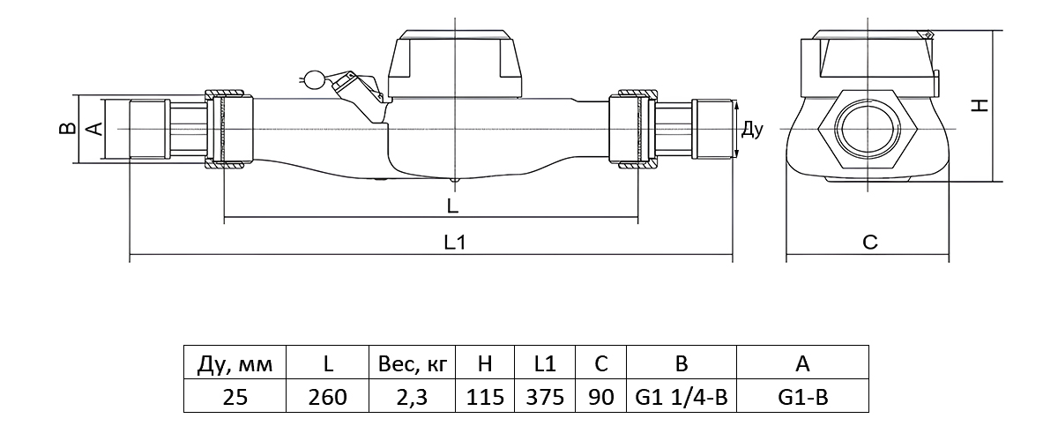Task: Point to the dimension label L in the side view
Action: pyautogui.click(x=451, y=206)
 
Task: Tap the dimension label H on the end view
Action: pyautogui.click(x=979, y=105)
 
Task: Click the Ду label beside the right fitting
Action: pyautogui.click(x=751, y=130)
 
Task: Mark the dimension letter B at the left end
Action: pyautogui.click(x=65, y=129)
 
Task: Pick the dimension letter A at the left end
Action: pyautogui.click(x=96, y=129)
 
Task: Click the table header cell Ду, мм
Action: pyautogui.click(x=235, y=363)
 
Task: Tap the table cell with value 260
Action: pyautogui.click(x=328, y=397)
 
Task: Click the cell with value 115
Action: pyautogui.click(x=484, y=397)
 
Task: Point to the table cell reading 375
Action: pyautogui.click(x=544, y=397)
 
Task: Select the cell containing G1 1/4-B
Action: pyautogui.click(x=681, y=397)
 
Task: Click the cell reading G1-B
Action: pyautogui.click(x=802, y=397)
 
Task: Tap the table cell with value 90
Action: pyautogui.click(x=600, y=397)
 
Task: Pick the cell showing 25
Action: pyautogui.click(x=235, y=397)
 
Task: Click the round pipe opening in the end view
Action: pyautogui.click(x=868, y=129)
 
